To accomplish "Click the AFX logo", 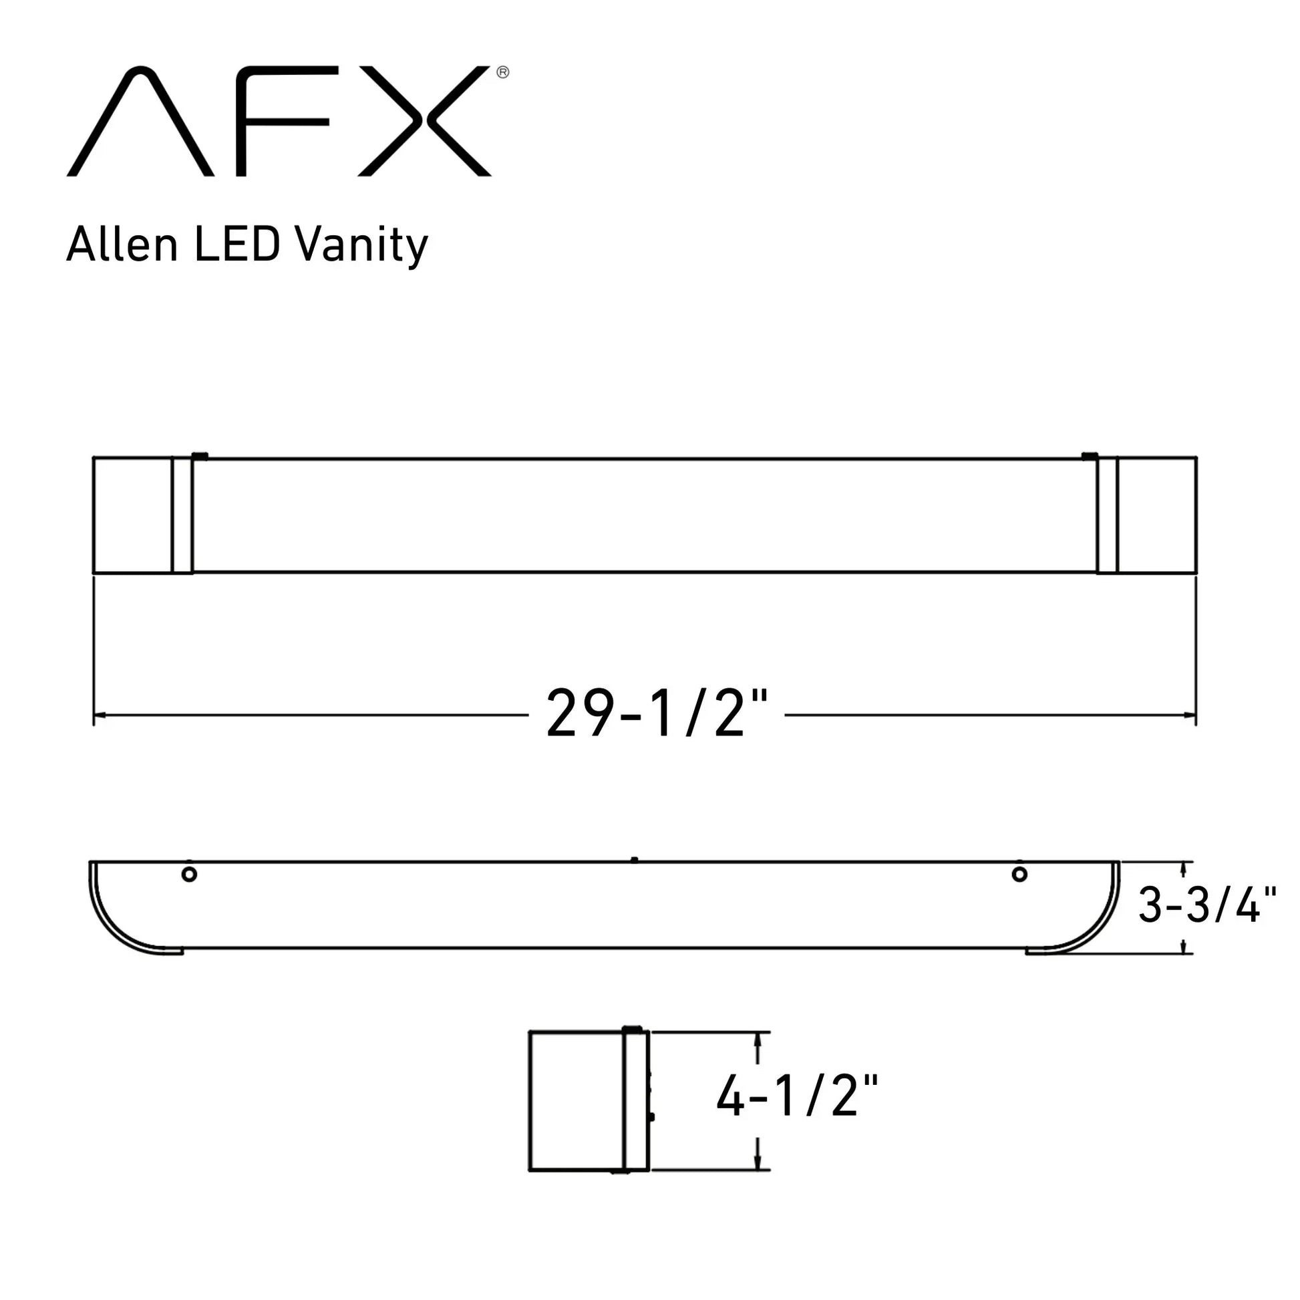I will coord(279,121).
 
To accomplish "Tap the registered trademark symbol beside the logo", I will coord(502,73).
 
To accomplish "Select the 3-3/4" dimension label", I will coord(1207,905).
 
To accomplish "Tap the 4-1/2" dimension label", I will coord(797,1097).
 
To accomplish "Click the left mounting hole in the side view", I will coord(189,874).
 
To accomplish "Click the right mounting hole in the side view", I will coord(1019,874).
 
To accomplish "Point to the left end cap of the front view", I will coord(132,516).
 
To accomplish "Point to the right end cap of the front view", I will coord(1156,516).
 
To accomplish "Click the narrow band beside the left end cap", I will coord(182,516).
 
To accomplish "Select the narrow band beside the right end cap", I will coord(1107,516).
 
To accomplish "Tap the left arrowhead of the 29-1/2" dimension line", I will coord(98,715).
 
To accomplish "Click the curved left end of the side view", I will coord(121,922).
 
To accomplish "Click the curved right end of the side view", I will coord(1087,922).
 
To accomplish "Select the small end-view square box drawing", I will coord(588,1101).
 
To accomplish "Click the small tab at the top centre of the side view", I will coord(634,859).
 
